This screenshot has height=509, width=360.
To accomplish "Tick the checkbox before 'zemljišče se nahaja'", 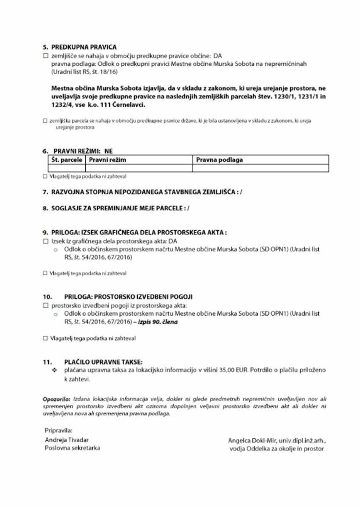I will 45,56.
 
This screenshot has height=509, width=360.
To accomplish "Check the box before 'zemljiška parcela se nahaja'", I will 45,121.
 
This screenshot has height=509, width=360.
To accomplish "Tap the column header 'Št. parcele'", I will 66,160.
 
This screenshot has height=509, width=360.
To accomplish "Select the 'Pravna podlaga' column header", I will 219,160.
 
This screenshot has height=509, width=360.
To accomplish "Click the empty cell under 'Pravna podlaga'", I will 260,168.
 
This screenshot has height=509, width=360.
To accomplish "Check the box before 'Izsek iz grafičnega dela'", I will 45,241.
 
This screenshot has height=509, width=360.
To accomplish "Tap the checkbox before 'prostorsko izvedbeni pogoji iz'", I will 45,305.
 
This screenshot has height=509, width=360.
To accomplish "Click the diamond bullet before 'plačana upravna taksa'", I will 54,370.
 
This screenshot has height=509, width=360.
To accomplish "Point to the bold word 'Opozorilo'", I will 57,399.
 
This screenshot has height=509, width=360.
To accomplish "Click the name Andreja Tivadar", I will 67,439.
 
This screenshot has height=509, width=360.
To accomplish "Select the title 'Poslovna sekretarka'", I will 72,447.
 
